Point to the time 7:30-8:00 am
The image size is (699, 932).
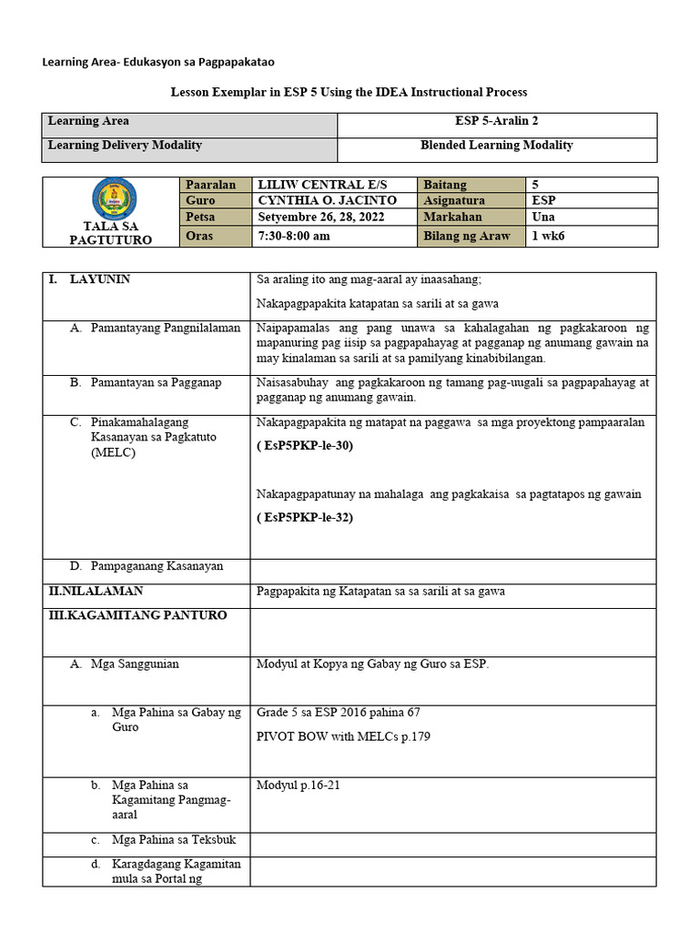[294, 236]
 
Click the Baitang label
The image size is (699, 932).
[445, 185]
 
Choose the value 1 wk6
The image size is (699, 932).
[551, 236]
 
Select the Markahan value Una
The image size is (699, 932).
[543, 217]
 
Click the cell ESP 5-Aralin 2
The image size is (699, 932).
[497, 121]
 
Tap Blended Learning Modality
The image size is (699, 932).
[497, 145]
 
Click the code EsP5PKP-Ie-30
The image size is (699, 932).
[305, 446]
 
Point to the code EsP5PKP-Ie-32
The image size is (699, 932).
[305, 518]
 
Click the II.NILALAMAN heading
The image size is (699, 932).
[96, 592]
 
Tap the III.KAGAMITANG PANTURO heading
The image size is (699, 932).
[138, 615]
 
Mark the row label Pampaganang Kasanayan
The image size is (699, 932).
[157, 566]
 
